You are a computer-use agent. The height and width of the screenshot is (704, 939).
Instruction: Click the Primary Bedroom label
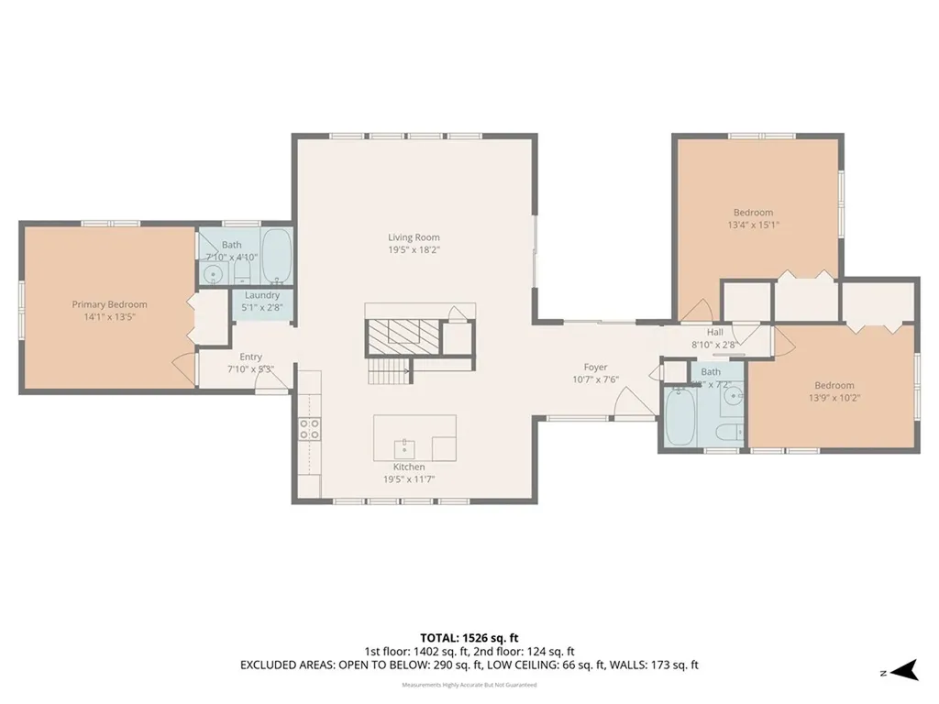[109, 304]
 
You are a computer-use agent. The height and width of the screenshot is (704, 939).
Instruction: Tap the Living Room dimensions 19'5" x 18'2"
[414, 249]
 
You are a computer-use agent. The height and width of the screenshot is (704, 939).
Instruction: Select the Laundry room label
[262, 295]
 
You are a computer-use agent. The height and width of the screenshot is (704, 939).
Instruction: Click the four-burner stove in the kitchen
[310, 429]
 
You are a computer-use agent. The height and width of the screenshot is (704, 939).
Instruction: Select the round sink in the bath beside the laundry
[215, 273]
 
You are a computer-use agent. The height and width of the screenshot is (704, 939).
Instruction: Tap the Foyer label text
[596, 368]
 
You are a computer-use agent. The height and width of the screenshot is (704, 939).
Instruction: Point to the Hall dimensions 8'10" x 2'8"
[715, 345]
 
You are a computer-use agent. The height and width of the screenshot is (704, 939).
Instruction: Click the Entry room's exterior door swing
[271, 379]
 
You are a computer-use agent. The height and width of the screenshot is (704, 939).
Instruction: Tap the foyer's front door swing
[630, 401]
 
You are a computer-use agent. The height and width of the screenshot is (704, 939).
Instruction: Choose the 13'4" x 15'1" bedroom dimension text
[753, 225]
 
